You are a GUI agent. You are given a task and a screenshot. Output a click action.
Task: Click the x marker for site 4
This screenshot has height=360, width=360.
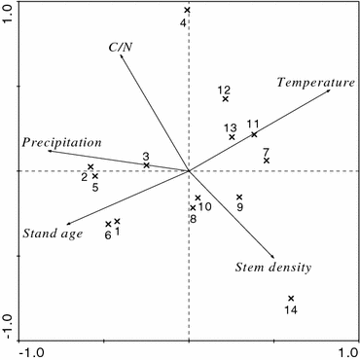coord(188,11)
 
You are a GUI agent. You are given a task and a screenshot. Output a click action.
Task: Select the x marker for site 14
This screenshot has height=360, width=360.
coord(291,299)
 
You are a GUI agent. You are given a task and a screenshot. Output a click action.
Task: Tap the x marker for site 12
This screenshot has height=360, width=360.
coord(226,99)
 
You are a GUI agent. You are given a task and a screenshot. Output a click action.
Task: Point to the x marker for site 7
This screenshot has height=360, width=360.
coord(266,161)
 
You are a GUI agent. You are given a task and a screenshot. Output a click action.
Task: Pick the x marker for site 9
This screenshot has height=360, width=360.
coord(239,198)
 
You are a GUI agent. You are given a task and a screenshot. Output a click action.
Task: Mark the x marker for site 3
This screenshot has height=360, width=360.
coord(147,165)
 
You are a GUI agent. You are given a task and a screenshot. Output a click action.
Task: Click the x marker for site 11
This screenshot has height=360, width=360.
coord(254,134)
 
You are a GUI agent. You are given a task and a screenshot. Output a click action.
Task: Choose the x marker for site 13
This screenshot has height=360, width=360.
coord(232,137)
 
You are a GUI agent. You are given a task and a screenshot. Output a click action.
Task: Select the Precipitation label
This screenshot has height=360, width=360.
coord(61,142)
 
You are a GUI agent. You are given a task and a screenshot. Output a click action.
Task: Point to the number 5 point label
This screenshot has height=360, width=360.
coord(95,188)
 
